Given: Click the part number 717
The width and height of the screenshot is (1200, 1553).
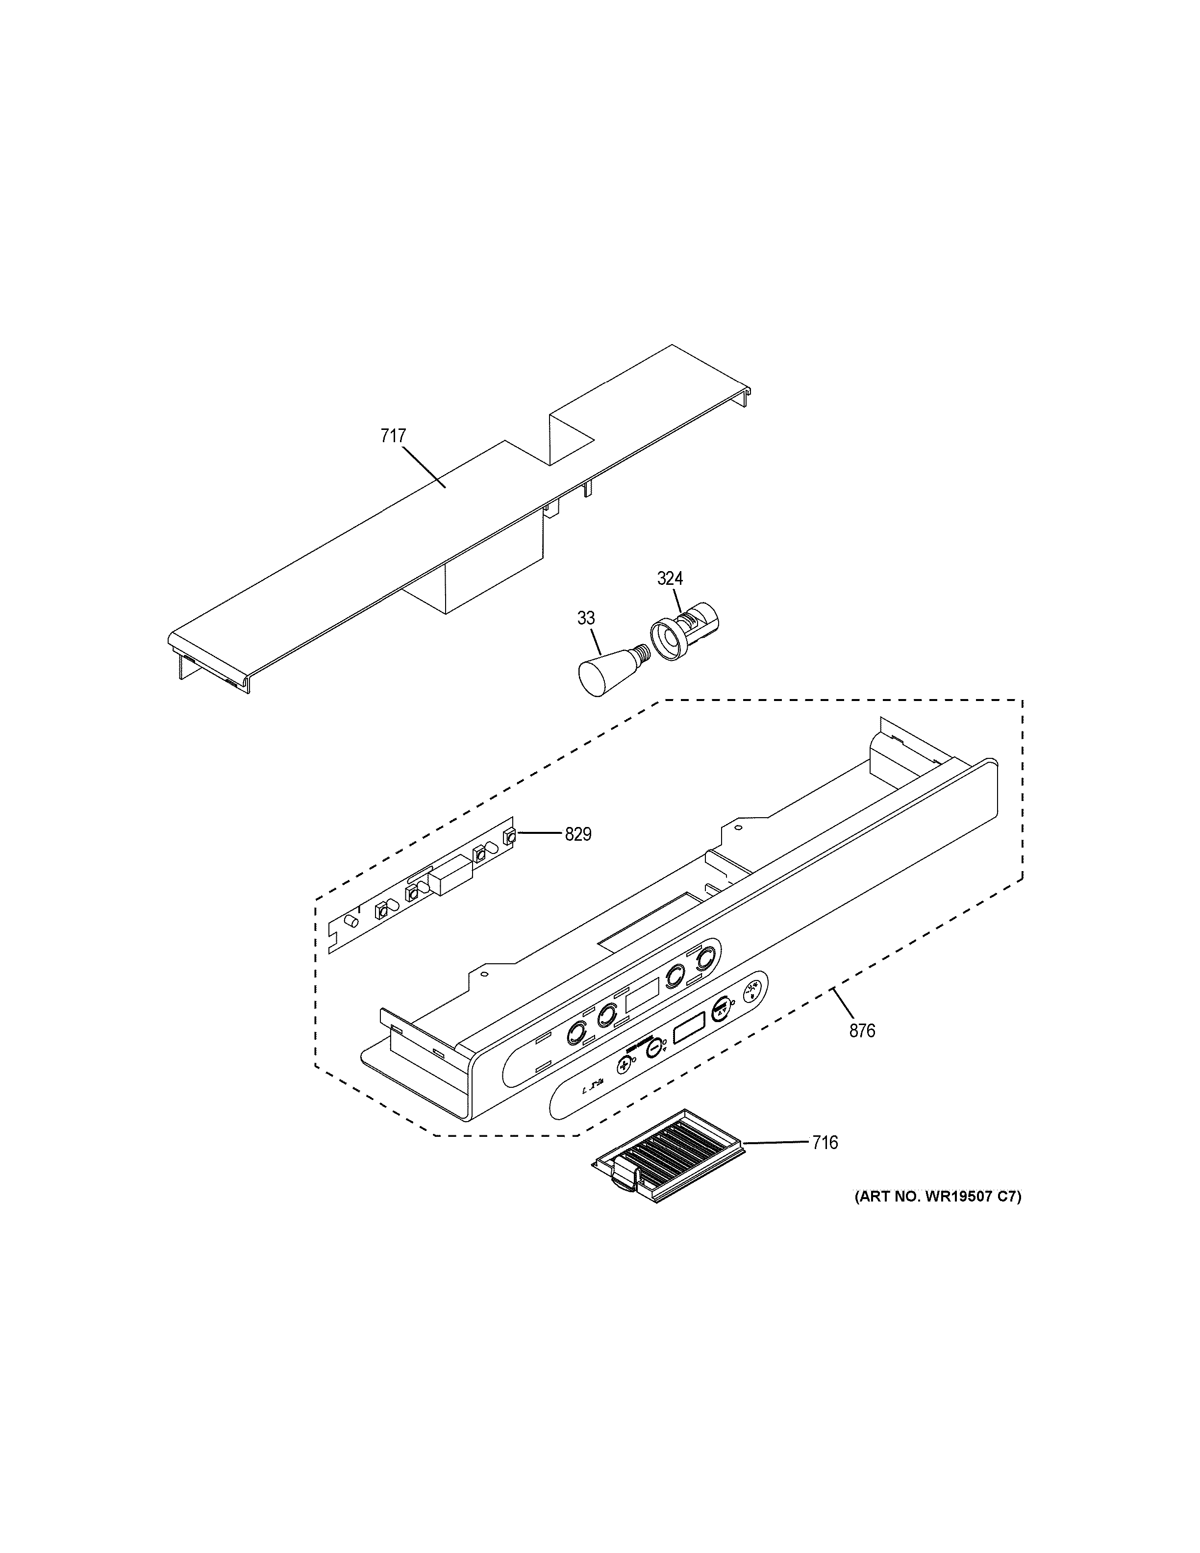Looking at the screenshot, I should pyautogui.click(x=393, y=436).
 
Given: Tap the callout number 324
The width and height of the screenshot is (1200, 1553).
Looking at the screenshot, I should pyautogui.click(x=670, y=579).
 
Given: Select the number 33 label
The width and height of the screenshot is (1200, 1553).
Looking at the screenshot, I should pyautogui.click(x=586, y=619).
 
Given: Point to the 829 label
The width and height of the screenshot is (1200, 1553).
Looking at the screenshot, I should pyautogui.click(x=578, y=834).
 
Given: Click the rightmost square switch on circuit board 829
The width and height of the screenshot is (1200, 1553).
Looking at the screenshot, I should pyautogui.click(x=509, y=837).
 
